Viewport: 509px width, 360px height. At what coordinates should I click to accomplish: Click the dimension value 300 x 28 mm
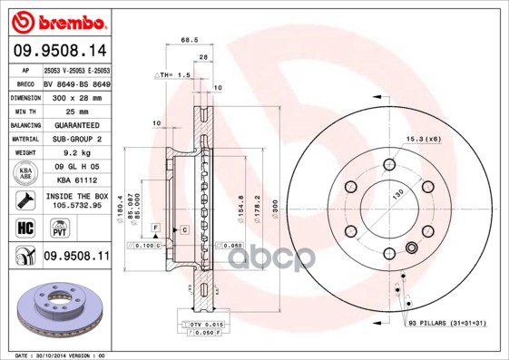click(x=77, y=96)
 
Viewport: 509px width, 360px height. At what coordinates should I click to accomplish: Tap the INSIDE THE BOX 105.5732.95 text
click(x=77, y=200)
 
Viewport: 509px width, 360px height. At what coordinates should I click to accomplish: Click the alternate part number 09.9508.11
click(x=77, y=257)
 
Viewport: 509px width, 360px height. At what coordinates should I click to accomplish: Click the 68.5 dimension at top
click(x=190, y=40)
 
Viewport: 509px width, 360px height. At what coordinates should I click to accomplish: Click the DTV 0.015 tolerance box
click(x=206, y=325)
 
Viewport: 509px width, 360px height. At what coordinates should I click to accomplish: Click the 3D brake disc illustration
click(x=56, y=309)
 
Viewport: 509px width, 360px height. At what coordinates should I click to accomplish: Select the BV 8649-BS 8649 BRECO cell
click(x=77, y=83)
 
